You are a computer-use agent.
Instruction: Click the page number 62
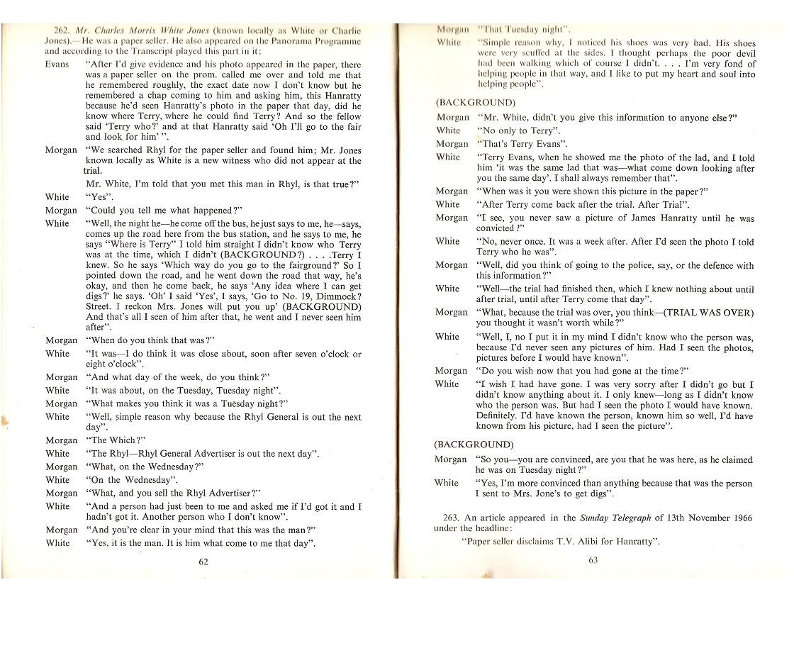203,562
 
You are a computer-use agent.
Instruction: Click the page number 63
593,559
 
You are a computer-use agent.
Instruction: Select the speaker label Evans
57,64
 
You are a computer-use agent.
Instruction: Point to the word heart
683,74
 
